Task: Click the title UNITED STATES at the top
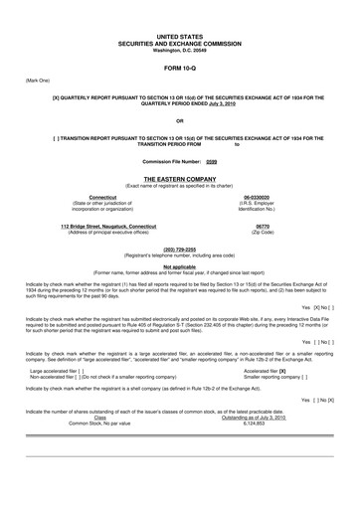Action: point(180,35)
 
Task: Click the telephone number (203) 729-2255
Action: point(180,249)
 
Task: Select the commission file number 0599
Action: point(211,161)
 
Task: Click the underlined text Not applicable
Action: point(180,265)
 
